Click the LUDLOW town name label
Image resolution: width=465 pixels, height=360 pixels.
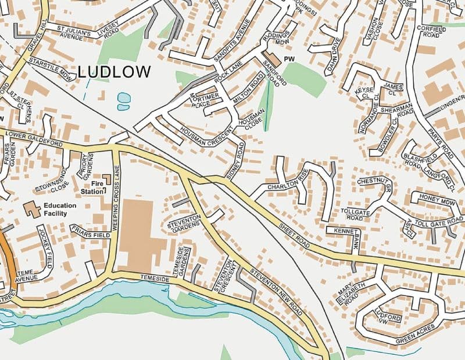114,72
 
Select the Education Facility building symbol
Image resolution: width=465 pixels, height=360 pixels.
32,208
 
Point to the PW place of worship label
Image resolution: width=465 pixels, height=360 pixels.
290,59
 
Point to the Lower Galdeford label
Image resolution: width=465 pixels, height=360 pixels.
33,138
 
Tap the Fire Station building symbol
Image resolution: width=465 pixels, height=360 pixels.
107,179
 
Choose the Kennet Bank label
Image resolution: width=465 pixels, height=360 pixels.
347,235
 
